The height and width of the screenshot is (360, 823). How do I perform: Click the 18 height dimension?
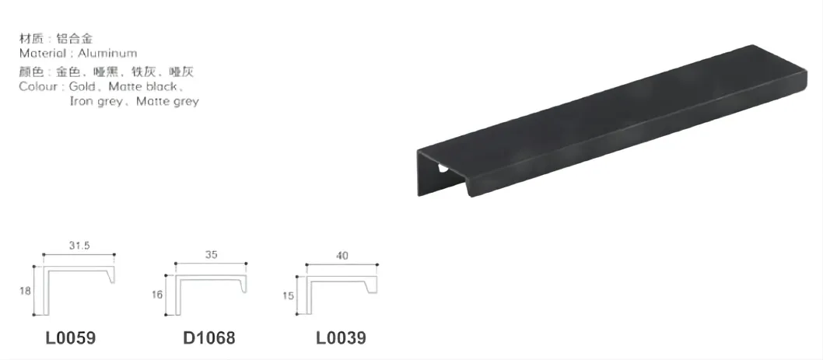[x=26, y=290]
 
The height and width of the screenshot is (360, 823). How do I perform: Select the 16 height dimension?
[x=159, y=295]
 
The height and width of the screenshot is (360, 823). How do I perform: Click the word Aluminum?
[x=107, y=54]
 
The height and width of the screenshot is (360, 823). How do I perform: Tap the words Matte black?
[x=144, y=86]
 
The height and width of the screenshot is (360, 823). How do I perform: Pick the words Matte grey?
[x=167, y=101]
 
